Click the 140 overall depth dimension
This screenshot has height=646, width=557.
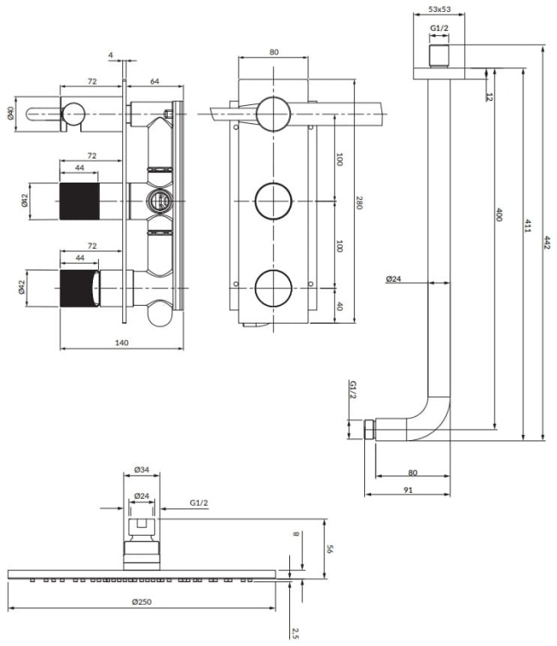pyautogui.click(x=121, y=343)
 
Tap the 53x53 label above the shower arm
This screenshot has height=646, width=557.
pyautogui.click(x=440, y=10)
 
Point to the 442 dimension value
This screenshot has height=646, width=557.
pyautogui.click(x=547, y=244)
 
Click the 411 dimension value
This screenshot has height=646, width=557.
pyautogui.click(x=528, y=227)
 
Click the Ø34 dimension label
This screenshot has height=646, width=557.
pyautogui.click(x=141, y=469)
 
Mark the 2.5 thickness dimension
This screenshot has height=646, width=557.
pyautogui.click(x=295, y=633)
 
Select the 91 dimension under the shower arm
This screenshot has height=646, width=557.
pyautogui.click(x=407, y=490)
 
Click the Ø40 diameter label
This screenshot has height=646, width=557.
pyautogui.click(x=10, y=113)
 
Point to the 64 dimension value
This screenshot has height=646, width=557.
pyautogui.click(x=155, y=81)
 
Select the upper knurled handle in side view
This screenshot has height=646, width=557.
pyautogui.click(x=78, y=200)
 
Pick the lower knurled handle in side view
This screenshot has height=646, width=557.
pyautogui.click(x=78, y=286)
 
